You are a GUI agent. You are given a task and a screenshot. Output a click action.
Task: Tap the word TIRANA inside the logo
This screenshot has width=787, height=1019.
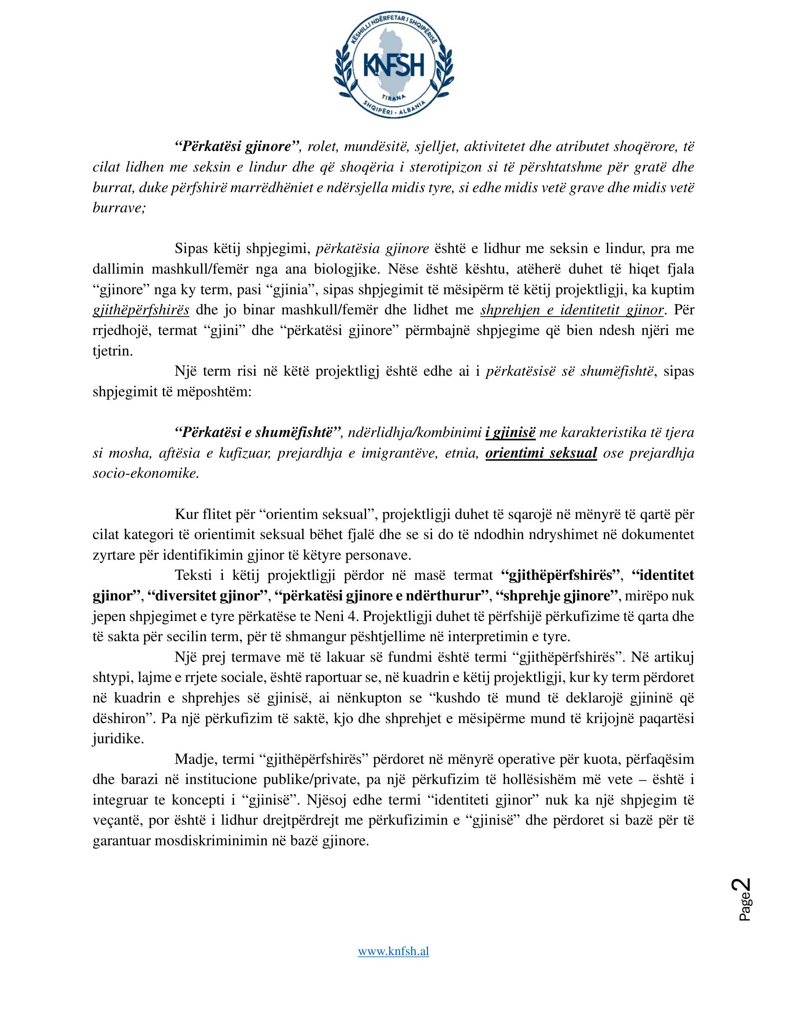(393, 96)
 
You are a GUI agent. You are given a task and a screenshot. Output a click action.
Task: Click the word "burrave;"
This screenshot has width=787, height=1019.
(119, 208)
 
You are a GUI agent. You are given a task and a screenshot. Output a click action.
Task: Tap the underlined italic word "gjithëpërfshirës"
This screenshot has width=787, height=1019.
(141, 310)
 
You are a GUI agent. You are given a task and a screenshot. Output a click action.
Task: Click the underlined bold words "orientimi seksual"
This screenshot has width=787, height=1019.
(541, 453)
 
